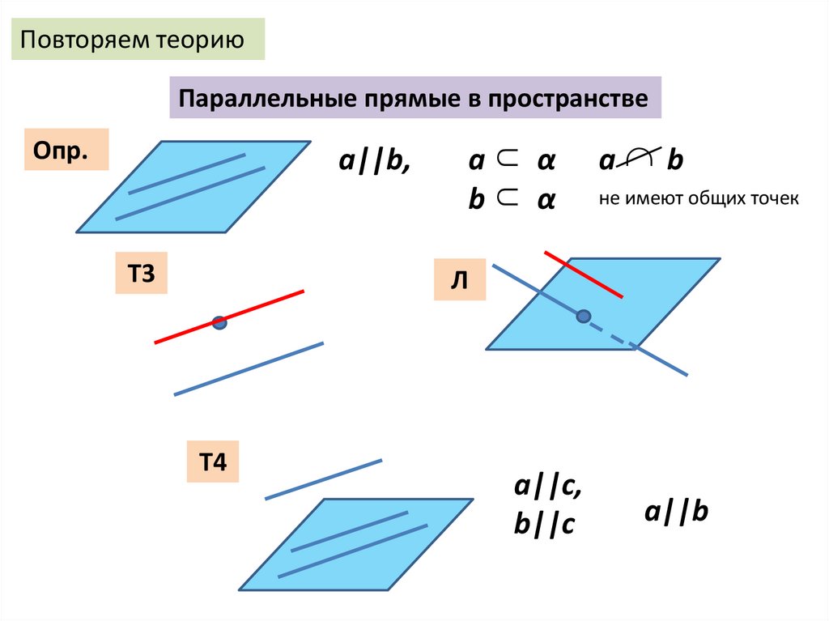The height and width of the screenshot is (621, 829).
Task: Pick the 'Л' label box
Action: coord(459,280)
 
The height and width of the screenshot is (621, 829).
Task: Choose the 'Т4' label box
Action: coord(212,463)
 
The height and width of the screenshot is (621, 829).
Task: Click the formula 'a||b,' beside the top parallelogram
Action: coord(374,161)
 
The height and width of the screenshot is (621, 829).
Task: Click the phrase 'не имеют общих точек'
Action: coord(699,198)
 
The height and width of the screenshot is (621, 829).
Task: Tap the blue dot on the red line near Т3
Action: coord(219,322)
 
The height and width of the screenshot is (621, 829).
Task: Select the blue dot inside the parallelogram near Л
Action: coord(583,316)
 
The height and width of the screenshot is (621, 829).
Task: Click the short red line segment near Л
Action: coord(583,274)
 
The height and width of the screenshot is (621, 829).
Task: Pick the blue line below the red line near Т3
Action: coord(249,369)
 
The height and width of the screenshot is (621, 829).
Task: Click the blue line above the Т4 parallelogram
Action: coord(323,479)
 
